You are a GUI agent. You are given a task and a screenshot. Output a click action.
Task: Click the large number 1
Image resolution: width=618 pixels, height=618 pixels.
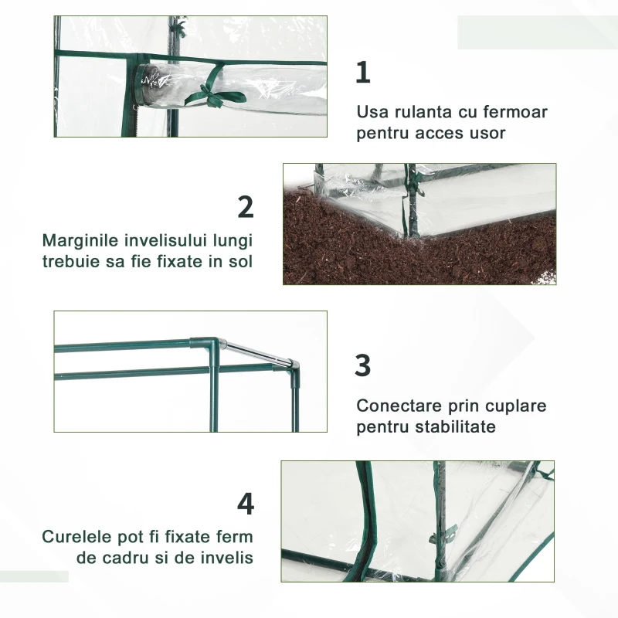pyautogui.click(x=363, y=73)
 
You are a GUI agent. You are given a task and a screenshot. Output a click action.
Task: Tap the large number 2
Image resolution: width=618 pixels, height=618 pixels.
pyautogui.click(x=246, y=207)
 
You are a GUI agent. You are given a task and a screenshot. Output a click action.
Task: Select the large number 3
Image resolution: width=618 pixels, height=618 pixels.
pyautogui.click(x=362, y=365)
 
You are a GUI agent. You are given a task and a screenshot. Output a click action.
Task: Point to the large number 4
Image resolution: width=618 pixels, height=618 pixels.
pyautogui.click(x=246, y=504)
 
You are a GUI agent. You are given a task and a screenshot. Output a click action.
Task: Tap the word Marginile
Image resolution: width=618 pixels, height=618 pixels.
pyautogui.click(x=80, y=241)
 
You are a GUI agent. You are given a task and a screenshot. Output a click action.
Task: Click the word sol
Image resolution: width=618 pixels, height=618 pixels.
pyautogui.click(x=240, y=262)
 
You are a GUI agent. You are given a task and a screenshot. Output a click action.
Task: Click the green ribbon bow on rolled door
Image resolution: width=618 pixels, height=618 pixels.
pyautogui.click(x=213, y=93)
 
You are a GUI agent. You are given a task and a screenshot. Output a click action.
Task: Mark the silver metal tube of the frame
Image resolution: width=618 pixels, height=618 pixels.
pyautogui.click(x=256, y=351)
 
